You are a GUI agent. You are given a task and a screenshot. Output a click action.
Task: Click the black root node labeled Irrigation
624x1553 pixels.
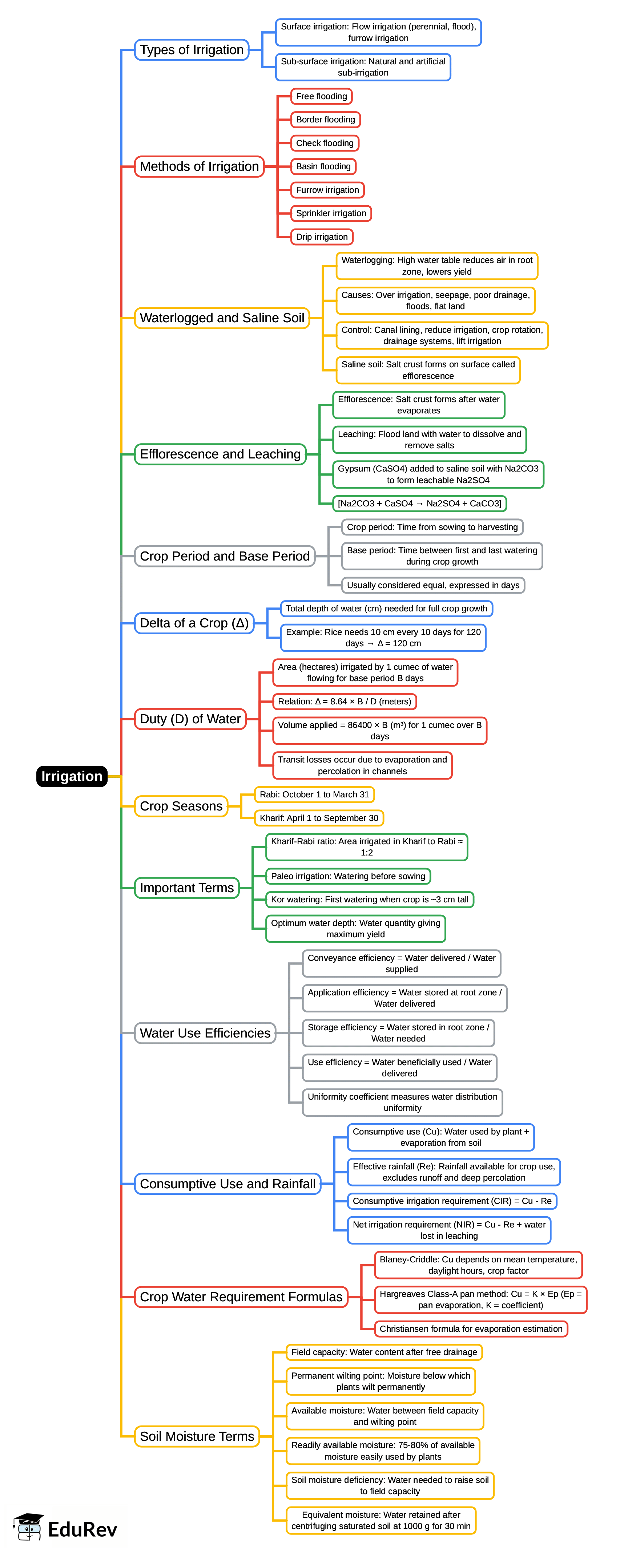tap(72, 776)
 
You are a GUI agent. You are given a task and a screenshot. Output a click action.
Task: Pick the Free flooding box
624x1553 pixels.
tap(321, 97)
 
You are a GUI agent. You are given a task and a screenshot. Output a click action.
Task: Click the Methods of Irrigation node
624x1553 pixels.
tap(199, 166)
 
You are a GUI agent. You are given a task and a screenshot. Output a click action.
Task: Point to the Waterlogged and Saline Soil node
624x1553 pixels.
tap(221, 318)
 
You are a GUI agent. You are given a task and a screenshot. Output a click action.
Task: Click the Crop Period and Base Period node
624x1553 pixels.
tap(224, 556)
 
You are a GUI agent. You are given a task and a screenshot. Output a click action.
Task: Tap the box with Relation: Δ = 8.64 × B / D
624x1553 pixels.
tap(344, 702)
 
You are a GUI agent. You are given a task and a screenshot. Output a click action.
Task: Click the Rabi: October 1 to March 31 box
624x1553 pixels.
tap(314, 794)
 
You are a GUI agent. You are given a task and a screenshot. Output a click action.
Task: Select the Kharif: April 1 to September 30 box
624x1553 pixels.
tap(319, 818)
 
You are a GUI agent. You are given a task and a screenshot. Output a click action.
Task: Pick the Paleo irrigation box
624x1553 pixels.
tap(348, 876)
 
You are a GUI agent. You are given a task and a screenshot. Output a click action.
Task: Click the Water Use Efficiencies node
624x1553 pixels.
tap(205, 1033)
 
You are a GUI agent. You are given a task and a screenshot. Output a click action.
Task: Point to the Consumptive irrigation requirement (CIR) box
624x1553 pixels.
tap(452, 1201)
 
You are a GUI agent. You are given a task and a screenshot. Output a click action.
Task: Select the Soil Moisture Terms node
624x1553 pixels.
tap(197, 1436)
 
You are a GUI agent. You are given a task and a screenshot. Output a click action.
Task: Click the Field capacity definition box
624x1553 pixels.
tap(384, 1352)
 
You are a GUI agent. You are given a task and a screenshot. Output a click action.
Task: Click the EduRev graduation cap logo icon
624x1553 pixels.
tap(28, 1527)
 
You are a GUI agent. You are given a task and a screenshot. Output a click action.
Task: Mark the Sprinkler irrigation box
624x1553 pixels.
tap(331, 213)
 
